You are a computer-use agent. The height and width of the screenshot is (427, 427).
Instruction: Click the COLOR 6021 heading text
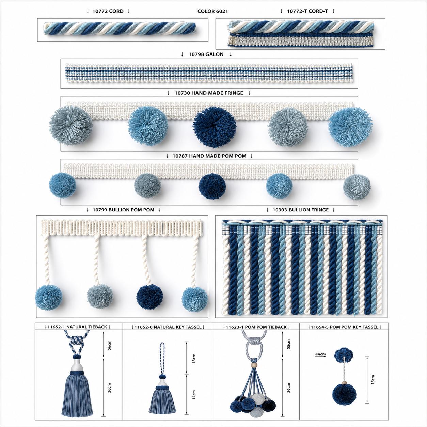click(212, 11)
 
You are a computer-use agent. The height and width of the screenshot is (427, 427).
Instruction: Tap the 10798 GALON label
click(206, 54)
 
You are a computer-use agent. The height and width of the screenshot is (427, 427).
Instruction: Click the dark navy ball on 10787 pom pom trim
click(212, 186)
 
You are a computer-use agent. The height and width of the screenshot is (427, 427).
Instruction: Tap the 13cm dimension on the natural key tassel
click(194, 358)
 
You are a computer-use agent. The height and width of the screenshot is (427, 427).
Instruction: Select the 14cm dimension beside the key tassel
click(194, 394)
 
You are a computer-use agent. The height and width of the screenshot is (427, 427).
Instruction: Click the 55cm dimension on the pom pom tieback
click(288, 344)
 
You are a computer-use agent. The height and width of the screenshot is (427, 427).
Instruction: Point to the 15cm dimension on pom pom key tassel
click(373, 379)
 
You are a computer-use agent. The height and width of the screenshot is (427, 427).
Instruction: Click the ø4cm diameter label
click(320, 354)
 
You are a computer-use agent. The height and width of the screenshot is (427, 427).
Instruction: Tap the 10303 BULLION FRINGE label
click(300, 210)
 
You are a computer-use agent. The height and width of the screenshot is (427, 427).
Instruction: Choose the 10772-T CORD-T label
click(307, 11)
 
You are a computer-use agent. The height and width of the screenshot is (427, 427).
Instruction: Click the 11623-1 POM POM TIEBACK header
click(256, 327)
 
